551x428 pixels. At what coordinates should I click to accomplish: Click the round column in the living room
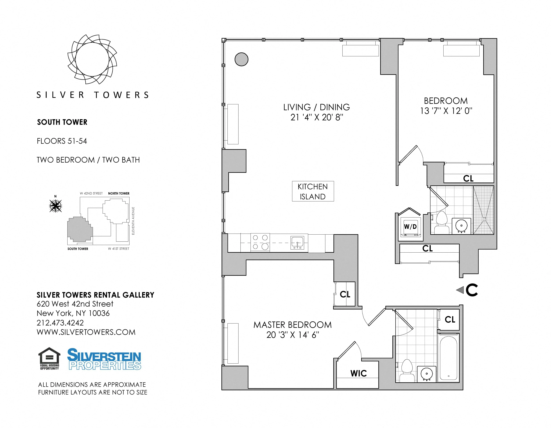point(241,59)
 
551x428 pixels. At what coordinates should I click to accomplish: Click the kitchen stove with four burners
point(260,242)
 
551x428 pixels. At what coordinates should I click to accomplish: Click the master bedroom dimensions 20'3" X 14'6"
point(293,335)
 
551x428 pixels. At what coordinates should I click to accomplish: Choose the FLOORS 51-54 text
point(62,141)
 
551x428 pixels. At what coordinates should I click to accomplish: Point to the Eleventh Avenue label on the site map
point(133,221)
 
